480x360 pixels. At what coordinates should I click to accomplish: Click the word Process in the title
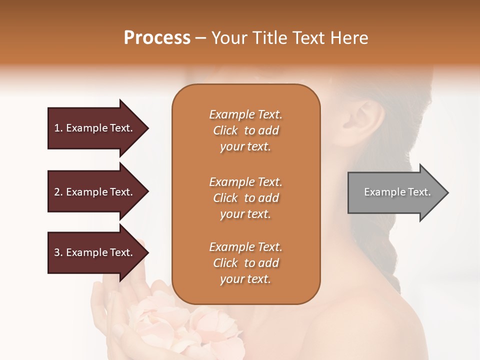157,38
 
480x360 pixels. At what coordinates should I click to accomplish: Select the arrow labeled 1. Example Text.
95,128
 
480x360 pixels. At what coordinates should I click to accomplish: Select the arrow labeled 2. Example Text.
95,192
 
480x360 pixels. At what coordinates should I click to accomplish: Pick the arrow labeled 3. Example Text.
95,252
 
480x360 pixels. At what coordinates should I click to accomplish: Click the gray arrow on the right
395,192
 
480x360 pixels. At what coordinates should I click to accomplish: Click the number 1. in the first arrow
58,128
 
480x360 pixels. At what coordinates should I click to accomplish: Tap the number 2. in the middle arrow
58,192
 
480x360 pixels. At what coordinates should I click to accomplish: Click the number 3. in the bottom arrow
58,252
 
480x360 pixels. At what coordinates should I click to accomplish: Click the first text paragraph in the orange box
245,130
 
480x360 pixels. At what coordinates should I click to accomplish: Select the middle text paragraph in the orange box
245,198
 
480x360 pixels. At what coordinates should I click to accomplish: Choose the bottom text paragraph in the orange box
245,263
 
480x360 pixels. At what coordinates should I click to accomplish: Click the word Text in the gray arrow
419,192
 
